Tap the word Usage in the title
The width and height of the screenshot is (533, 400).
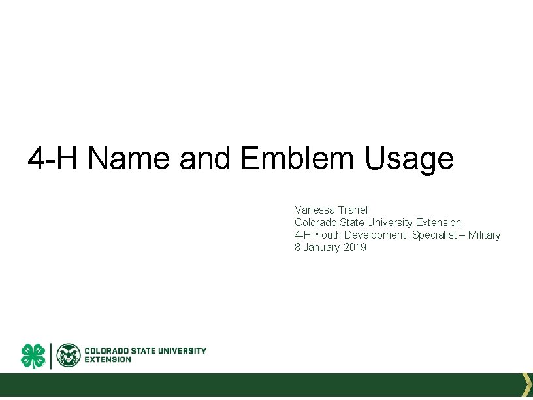click(x=410, y=158)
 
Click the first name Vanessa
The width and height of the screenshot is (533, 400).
click(x=314, y=210)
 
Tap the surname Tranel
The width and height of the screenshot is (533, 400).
click(x=353, y=210)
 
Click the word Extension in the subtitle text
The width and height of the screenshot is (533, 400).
click(x=439, y=222)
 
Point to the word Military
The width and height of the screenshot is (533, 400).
click(x=484, y=235)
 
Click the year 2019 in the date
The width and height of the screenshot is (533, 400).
click(x=355, y=247)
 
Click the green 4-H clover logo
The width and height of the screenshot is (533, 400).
click(x=33, y=356)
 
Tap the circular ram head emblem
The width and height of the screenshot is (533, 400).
click(x=69, y=356)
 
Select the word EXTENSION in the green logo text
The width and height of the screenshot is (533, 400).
click(x=108, y=359)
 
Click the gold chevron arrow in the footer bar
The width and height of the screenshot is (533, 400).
click(x=526, y=384)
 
